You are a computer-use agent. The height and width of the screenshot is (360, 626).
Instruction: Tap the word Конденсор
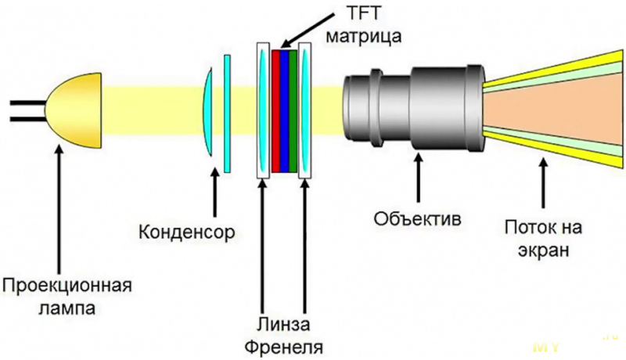tap(187, 232)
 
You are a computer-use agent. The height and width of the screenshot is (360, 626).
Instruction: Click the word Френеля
tap(282, 344)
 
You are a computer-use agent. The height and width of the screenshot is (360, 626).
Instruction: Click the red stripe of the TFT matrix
tap(276, 110)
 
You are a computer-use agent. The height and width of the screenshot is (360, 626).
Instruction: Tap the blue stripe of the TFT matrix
tap(285, 110)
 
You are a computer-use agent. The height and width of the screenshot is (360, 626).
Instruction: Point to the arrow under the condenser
tap(214, 193)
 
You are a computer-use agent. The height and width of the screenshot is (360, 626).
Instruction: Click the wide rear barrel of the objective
tap(442, 106)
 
